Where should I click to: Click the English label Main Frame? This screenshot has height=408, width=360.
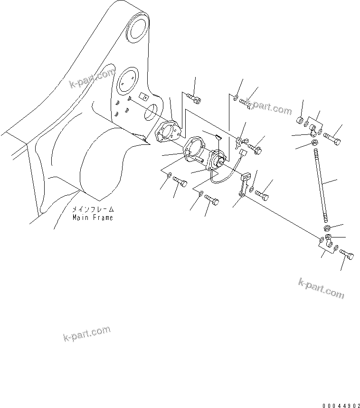click(93, 218)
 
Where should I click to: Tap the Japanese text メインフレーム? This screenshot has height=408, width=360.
click(93, 209)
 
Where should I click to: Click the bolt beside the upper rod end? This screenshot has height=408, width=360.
click(333, 138)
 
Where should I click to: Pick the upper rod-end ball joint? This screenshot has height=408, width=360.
click(313, 130)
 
